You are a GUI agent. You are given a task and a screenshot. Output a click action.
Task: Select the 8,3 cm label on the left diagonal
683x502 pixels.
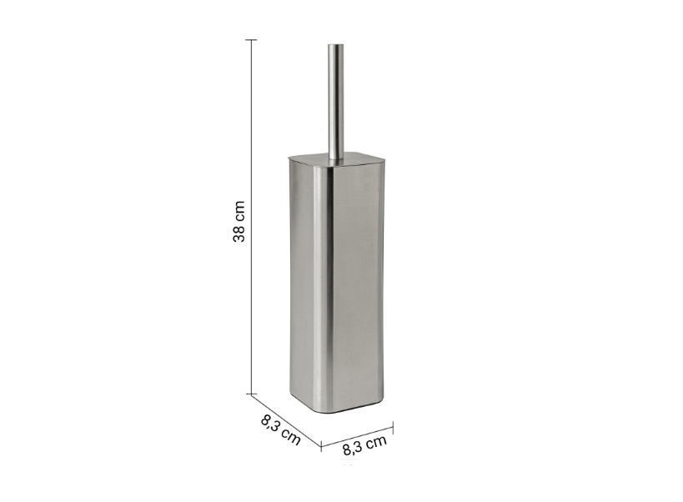(281, 430)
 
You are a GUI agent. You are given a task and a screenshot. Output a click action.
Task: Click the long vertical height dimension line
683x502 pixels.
(251, 216)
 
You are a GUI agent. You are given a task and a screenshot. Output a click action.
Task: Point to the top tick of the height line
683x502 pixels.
(251, 40)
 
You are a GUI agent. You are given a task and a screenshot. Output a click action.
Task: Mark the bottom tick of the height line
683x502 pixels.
(251, 394)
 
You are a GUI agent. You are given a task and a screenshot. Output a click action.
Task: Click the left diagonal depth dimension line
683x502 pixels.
(286, 419)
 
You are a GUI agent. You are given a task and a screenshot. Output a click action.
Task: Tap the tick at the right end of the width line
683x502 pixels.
(394, 427)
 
